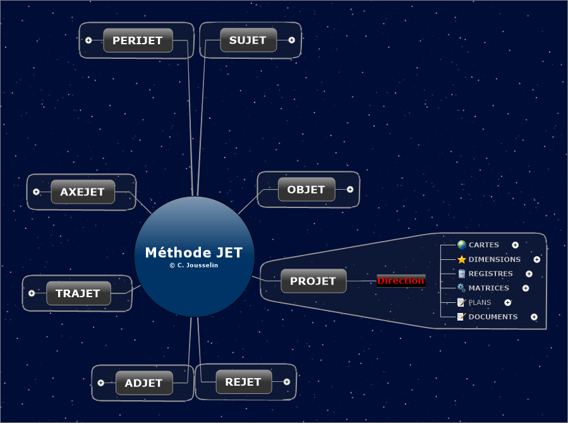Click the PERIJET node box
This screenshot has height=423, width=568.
click(x=138, y=40)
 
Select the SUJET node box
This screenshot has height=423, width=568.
click(x=248, y=40)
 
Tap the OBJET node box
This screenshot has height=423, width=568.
click(x=306, y=189)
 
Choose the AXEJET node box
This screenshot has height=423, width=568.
click(x=83, y=192)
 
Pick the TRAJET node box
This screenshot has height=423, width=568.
click(x=78, y=293)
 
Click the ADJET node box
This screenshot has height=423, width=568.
click(x=144, y=383)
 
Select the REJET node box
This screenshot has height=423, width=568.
click(x=243, y=382)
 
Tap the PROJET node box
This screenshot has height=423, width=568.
click(x=313, y=281)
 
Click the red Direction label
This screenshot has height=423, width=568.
click(x=401, y=281)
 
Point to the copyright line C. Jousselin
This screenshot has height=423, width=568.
click(x=194, y=266)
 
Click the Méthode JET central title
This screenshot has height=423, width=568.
click(x=194, y=252)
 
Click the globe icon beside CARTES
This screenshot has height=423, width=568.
click(x=461, y=245)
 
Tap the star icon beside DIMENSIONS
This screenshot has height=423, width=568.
click(x=461, y=259)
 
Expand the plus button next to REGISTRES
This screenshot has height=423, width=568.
click(x=529, y=274)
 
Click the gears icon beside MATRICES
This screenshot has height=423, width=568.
click(x=461, y=288)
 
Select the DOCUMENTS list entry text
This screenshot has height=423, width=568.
click(x=493, y=317)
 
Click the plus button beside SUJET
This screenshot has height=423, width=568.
click(x=291, y=40)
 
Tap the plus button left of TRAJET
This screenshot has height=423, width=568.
click(x=32, y=293)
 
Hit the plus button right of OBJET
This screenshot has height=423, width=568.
click(x=350, y=189)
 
